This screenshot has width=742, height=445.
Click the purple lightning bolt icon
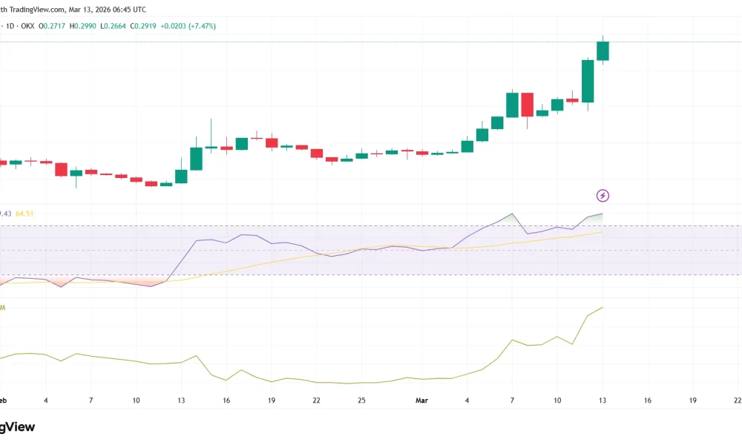[x=603, y=196]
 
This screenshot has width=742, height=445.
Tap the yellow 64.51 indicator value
[x=24, y=214]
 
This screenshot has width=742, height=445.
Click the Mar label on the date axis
[x=421, y=400]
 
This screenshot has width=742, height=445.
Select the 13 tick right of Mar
[x=603, y=400]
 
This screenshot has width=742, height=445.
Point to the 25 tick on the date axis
[x=361, y=400]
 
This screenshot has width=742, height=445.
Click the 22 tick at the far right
[x=737, y=400]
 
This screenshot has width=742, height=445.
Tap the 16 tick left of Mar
[x=226, y=400]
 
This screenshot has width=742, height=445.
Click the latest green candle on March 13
[x=603, y=50]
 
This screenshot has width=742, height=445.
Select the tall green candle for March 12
[x=588, y=81]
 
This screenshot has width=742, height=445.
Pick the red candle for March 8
[x=528, y=105]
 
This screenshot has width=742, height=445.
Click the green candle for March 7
[x=512, y=105]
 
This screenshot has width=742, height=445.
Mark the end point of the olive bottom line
[x=603, y=307]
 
